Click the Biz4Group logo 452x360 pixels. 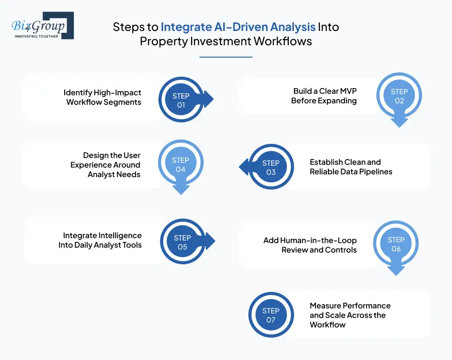[42, 25]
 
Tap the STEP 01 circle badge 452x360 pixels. [181, 100]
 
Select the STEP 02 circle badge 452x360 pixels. [399, 96]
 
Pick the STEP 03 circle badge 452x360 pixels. [271, 167]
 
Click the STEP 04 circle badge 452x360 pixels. [180, 165]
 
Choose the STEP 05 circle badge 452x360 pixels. [182, 242]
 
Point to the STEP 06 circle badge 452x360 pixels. [396, 244]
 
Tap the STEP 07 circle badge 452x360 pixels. [271, 315]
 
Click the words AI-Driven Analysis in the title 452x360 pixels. [238, 27]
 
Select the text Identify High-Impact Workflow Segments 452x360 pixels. [103, 97]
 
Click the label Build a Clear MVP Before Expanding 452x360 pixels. [324, 96]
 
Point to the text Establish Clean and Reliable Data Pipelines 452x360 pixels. [351, 167]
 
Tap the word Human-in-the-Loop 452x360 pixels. [310, 240]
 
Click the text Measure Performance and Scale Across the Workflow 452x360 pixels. [350, 315]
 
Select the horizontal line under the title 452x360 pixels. [226, 57]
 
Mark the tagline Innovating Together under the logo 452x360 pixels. [37, 36]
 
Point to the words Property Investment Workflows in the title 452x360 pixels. [226, 41]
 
